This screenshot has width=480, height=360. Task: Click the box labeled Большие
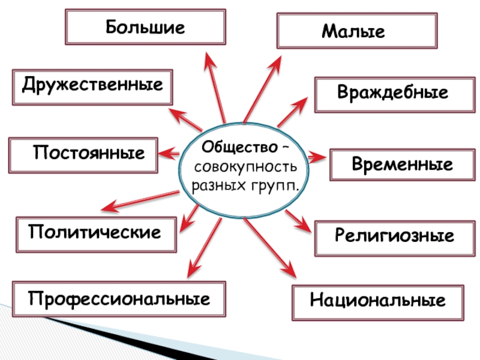click(x=146, y=27)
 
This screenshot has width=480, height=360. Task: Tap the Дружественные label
click(x=91, y=86)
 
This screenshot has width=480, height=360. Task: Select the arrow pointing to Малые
click(x=263, y=87)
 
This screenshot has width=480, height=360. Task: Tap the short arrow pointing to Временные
click(x=316, y=157)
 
